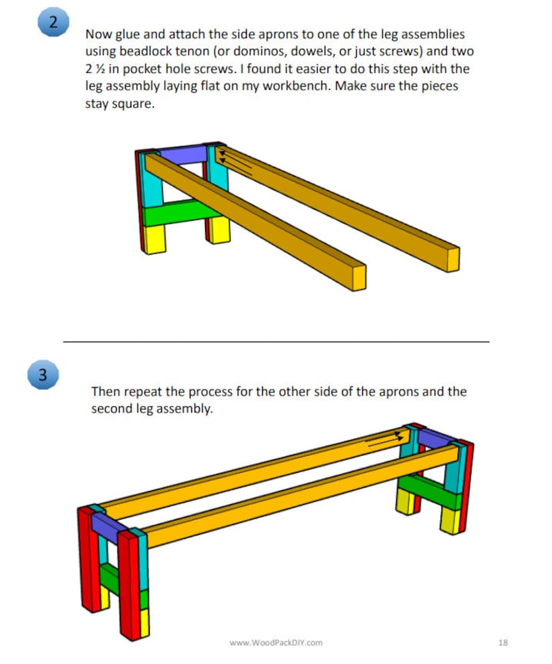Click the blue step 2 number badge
tap(53, 22)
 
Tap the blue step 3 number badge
tap(43, 375)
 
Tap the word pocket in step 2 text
tap(141, 70)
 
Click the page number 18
tap(503, 642)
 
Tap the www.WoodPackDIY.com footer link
tap(276, 642)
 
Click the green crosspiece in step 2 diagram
tap(174, 212)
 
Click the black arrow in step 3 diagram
tap(384, 439)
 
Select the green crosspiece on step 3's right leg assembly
tap(431, 492)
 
